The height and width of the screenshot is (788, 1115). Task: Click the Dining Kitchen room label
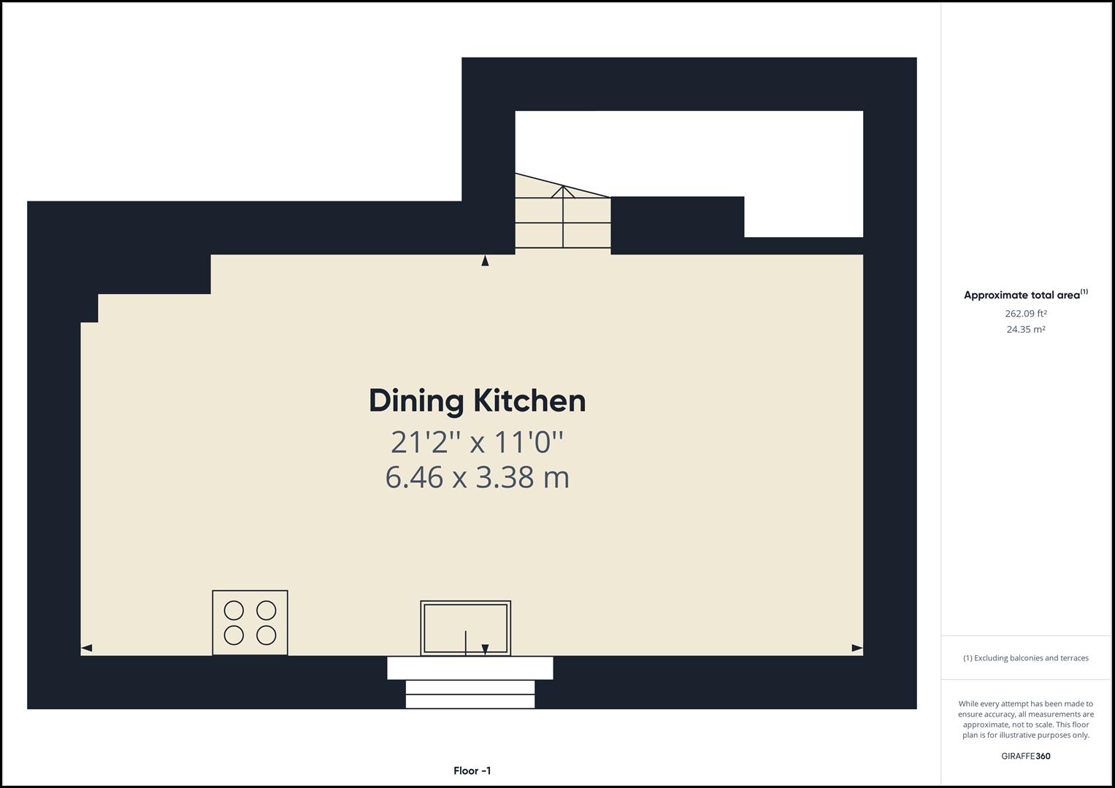[478, 402]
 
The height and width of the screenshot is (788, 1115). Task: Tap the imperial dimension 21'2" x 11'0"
[478, 442]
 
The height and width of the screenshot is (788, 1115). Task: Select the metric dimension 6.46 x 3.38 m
[478, 477]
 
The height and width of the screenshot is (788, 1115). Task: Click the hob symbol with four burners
[250, 623]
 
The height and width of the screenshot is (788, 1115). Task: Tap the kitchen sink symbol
[465, 628]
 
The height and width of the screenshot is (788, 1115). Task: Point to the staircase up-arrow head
[563, 191]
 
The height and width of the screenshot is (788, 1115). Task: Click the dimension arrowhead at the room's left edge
[87, 648]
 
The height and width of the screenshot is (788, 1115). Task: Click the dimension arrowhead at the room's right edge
[857, 648]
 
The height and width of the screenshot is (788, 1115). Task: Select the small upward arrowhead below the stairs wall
[485, 260]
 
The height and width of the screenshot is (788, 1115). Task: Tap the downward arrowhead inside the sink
[485, 649]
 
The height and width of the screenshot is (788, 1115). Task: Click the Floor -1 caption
[472, 770]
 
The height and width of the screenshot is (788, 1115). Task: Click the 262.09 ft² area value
[1025, 314]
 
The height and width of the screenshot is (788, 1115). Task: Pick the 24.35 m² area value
[1025, 329]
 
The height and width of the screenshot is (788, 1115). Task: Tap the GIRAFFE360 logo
[1025, 756]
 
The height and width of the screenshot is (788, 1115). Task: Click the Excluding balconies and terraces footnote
[1025, 657]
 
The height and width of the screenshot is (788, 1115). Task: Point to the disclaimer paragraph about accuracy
[1025, 719]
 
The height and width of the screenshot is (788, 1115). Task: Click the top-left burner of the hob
[234, 610]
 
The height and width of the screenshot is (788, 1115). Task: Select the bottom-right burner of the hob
[267, 636]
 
